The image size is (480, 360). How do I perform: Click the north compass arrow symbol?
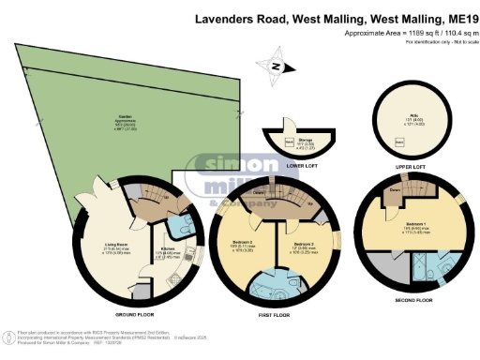[274, 66]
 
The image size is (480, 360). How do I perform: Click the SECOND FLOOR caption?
[413, 302]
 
